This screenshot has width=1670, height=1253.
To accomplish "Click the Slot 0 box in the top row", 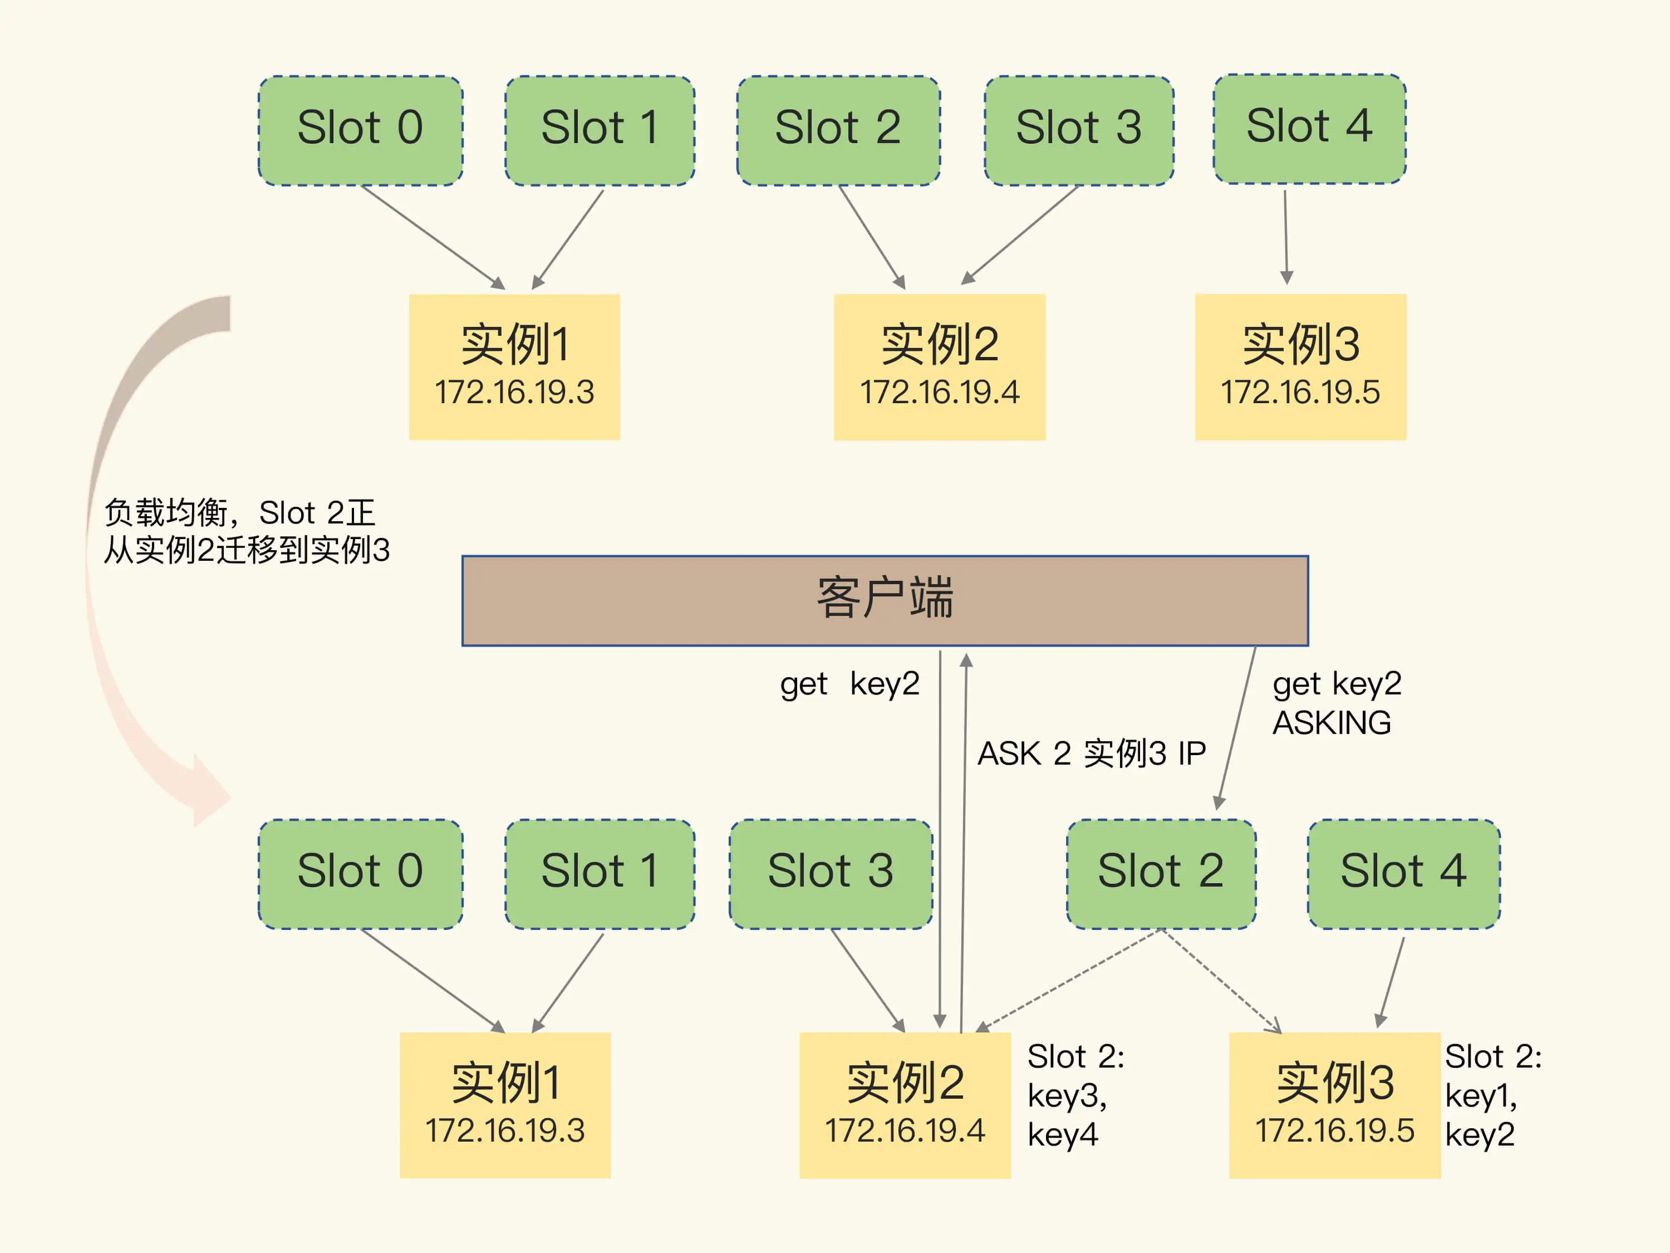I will [360, 130].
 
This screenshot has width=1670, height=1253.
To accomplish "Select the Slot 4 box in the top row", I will [1309, 129].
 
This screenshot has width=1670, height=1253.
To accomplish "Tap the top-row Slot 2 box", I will [838, 130].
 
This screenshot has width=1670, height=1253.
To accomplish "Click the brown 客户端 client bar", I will [885, 600].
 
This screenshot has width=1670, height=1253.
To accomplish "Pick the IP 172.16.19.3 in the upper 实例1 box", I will [514, 393].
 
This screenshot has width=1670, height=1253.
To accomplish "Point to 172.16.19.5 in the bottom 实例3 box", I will [1334, 1130].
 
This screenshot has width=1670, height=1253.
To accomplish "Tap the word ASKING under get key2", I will [1331, 723].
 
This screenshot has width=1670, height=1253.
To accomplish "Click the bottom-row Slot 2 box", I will [1161, 873].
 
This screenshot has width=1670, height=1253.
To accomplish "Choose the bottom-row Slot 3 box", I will [831, 873].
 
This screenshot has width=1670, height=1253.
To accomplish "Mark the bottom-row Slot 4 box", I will [1403, 873].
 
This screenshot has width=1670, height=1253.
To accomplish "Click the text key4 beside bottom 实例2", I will [1062, 1134].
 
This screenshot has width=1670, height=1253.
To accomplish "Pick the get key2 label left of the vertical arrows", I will [849, 684].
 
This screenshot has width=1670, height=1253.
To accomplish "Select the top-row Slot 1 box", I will [600, 130].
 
